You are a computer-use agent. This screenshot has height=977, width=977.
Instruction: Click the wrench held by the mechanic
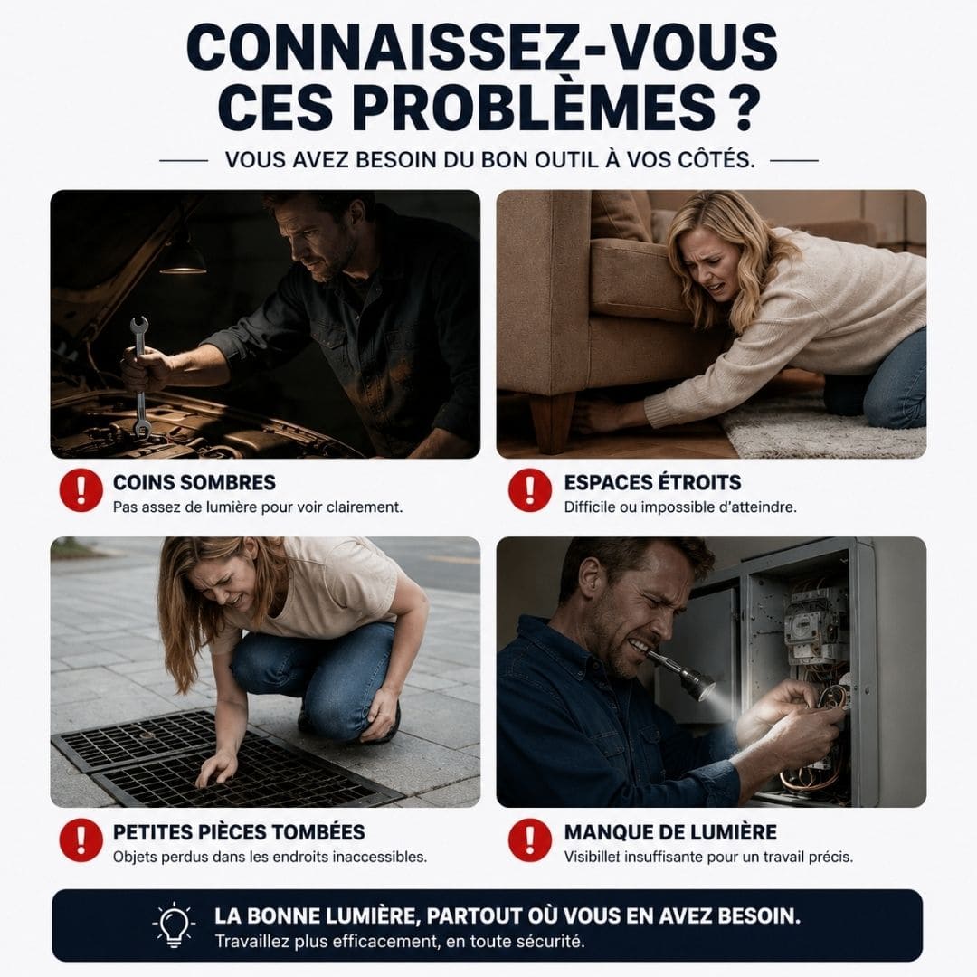139,376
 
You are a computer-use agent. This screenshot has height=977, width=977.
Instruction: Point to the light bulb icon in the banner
175,925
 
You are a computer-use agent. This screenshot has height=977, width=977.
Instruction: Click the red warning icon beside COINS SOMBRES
81,490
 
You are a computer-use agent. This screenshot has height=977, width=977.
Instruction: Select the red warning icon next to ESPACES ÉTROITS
529,490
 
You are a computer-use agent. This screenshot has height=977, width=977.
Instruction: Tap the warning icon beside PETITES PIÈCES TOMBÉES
81,839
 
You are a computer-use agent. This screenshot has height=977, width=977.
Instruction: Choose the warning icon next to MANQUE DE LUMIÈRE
529,839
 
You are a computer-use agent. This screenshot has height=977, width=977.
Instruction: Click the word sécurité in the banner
552,941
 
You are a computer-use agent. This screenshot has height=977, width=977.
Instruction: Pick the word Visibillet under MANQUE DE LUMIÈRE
593,857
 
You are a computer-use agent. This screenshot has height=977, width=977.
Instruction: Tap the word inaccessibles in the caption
379,857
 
